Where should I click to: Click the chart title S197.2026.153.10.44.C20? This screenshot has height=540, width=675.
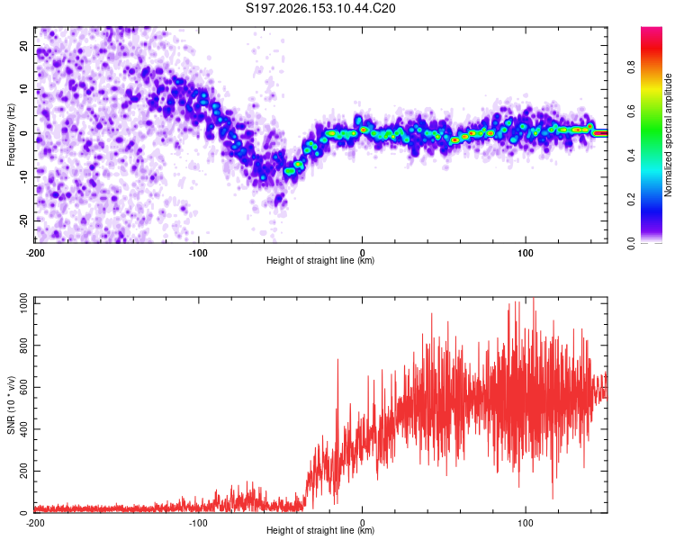coord(320,8)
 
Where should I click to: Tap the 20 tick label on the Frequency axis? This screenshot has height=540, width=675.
coord(23,46)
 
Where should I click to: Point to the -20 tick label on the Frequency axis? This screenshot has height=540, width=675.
coord(23,221)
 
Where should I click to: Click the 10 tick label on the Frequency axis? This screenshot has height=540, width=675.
coord(23,90)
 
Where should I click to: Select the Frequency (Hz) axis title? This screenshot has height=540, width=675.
coord(11,135)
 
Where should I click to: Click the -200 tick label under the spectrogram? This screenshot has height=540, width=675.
coord(35,253)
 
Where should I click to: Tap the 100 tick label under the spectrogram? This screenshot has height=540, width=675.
coord(526,253)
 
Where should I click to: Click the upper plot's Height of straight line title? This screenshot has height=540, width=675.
coord(320,260)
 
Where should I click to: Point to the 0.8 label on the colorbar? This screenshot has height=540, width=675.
coord(631,67)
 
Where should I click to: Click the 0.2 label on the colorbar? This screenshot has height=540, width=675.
coord(631,200)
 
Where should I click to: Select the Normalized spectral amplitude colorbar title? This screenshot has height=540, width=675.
coord(668,135)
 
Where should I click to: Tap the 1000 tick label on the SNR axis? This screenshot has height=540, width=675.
coord(23,303)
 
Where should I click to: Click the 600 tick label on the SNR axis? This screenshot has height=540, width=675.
coord(23,387)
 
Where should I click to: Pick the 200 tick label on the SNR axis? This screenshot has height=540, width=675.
coord(23,471)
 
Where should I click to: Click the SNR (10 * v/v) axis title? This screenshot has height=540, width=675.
coord(11,405)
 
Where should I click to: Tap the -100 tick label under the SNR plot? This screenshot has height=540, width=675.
coord(198,523)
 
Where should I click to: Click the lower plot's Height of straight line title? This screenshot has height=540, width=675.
coord(320,530)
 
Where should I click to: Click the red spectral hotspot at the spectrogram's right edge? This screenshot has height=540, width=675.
coord(600,133)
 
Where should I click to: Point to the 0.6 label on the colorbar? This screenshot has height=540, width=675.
coord(631,111)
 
